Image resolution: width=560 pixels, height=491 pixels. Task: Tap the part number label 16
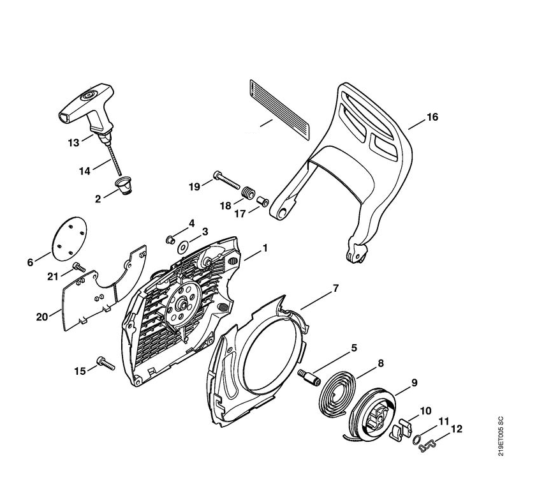pyautogui.click(x=432, y=117)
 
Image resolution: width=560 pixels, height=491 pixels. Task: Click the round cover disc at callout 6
pyautogui.click(x=70, y=236)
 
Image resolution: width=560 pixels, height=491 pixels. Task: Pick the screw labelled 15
pyautogui.click(x=103, y=364)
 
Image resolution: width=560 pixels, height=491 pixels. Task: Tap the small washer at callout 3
pyautogui.click(x=184, y=245)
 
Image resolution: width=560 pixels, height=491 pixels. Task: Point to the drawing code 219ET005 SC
pyautogui.click(x=501, y=436)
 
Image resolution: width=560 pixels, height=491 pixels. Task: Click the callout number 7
pyautogui.click(x=336, y=289)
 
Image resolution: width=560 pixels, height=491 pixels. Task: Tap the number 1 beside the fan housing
pyautogui.click(x=265, y=248)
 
